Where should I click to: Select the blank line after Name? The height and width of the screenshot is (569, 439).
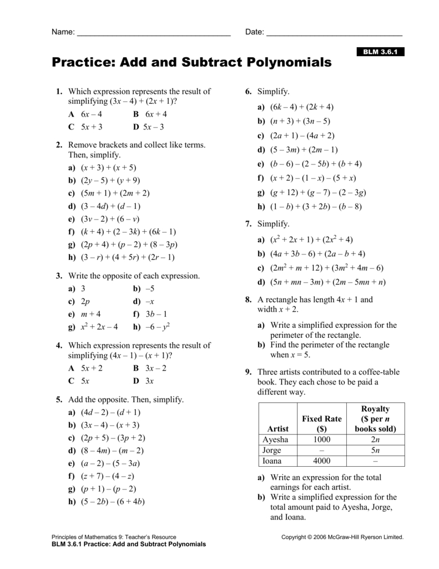[x=153, y=33]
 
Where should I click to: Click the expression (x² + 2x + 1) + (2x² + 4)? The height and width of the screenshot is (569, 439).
[x=311, y=239]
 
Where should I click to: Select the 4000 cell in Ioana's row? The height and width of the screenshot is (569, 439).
[x=322, y=461]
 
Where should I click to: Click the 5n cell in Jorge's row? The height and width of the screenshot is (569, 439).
[x=375, y=450]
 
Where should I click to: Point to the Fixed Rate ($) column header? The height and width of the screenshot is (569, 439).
[x=322, y=423]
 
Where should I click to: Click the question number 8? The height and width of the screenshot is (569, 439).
[x=248, y=300]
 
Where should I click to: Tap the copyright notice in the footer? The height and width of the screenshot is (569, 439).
[x=342, y=537]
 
